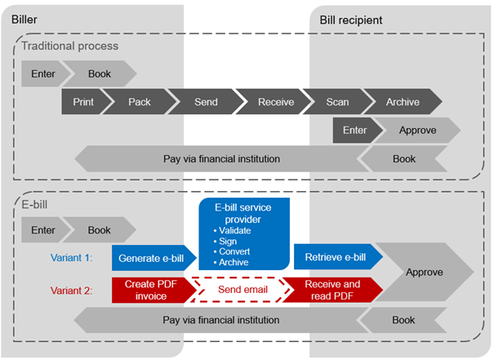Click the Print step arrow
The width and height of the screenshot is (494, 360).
(x=83, y=102)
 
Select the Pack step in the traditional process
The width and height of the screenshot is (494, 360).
(x=140, y=102)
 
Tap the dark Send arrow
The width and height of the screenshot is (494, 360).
(x=206, y=102)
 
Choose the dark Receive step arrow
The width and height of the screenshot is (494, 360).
(x=275, y=102)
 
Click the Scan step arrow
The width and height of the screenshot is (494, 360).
(x=337, y=102)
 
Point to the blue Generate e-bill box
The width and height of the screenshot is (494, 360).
(x=151, y=258)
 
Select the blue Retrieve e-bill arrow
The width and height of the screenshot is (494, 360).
(x=335, y=258)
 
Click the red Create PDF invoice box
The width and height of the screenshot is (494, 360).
(x=151, y=289)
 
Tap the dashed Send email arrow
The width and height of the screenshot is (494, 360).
(x=239, y=289)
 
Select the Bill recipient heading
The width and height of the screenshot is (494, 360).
(x=351, y=18)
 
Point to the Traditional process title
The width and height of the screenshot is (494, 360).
(x=69, y=46)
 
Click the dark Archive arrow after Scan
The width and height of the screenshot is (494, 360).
(x=403, y=102)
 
